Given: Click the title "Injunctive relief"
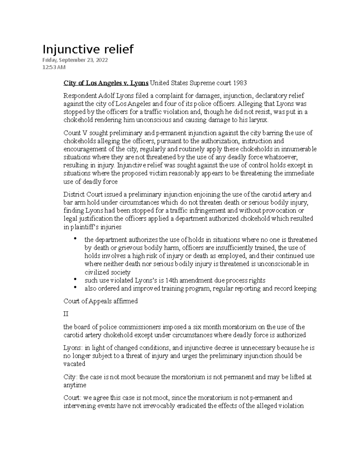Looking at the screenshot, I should (x=88, y=49).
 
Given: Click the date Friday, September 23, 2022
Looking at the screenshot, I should (x=75, y=60).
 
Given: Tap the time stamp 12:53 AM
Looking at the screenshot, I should (x=54, y=67).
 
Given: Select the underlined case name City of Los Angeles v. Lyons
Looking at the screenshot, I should (x=106, y=83).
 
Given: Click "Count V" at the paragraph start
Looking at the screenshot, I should (x=72, y=133).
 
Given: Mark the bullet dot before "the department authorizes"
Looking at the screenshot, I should (x=75, y=239).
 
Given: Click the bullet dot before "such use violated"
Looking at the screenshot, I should (x=75, y=280).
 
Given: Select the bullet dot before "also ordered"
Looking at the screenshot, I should (x=75, y=288).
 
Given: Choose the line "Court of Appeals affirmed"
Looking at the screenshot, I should (x=100, y=301).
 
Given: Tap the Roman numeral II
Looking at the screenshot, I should (x=66, y=314).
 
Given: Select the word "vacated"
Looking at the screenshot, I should (x=74, y=364).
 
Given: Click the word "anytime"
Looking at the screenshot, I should (x=75, y=385).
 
